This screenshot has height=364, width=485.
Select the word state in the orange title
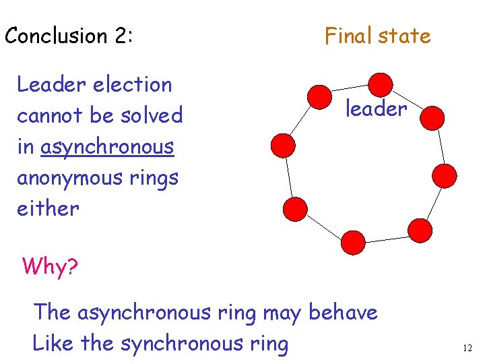coord(405,36)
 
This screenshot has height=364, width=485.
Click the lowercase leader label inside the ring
coord(377,109)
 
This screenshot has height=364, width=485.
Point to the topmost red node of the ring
coord(381,84)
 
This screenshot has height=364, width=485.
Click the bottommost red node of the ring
coord(353,241)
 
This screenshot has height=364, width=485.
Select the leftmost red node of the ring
coord(283,145)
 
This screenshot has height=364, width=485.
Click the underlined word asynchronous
coord(107,147)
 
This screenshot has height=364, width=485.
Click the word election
coord(133,85)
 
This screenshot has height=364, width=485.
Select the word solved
coord(152,116)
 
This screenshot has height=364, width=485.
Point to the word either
coord(48,208)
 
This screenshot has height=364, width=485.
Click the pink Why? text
coord(50,266)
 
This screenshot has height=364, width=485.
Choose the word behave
coord(343,313)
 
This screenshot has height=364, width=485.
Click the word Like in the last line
coord(53,344)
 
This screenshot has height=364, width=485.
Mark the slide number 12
coord(467,348)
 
